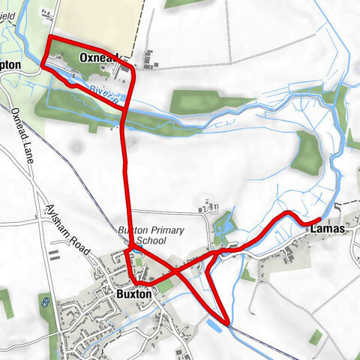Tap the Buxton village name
point(133,295)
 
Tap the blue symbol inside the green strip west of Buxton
point(46,301)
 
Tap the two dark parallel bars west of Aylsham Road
point(55,255)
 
